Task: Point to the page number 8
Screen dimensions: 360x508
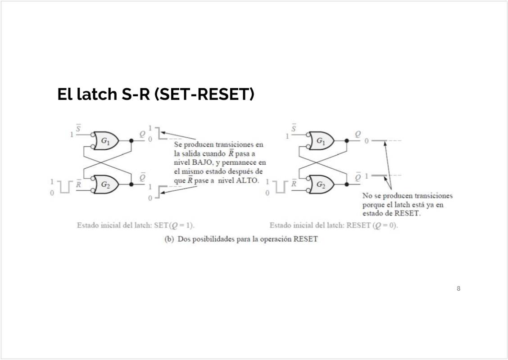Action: pyautogui.click(x=458, y=288)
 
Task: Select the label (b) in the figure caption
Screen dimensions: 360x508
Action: pyautogui.click(x=169, y=239)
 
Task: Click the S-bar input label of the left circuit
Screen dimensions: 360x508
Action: pyautogui.click(x=79, y=129)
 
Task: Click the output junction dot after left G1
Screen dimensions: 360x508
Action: pyautogui.click(x=132, y=141)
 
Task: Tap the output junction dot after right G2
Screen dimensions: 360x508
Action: pyautogui.click(x=346, y=184)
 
